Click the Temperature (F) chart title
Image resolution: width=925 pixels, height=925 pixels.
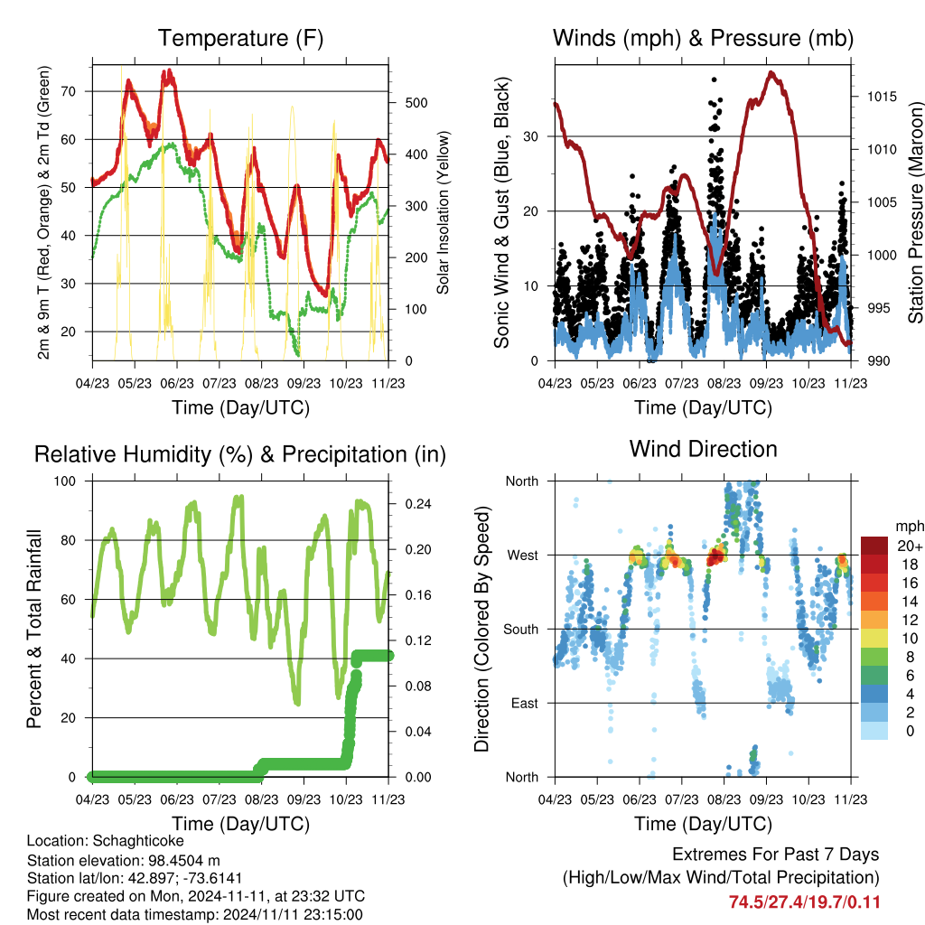coord(240,38)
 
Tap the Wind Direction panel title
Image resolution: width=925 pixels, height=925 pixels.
coord(703,449)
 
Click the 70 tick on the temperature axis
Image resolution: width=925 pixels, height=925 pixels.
coord(69,91)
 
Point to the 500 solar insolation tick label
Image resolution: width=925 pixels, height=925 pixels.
coord(416,103)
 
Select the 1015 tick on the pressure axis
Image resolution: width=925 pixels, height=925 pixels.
coord(882,96)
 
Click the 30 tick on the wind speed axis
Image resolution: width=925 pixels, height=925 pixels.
coord(531,136)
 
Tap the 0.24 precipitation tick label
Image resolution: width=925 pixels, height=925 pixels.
coord(418,504)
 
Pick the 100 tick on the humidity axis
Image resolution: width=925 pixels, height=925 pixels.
coord(65,481)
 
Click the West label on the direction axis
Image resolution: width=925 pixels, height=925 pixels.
coord(523,556)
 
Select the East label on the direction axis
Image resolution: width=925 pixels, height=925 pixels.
coord(525,703)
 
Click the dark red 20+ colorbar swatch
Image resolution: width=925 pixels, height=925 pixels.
coord(874,546)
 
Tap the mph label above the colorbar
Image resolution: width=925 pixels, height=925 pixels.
coord(909,527)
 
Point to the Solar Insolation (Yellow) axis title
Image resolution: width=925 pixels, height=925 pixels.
coord(443,212)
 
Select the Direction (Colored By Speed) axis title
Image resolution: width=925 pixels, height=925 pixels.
coord(482,629)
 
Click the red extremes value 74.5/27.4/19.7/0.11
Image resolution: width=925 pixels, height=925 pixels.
coord(805,902)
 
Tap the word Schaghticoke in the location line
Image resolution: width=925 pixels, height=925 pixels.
coord(138,841)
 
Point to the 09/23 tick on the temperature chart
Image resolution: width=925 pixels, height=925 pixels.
coord(304,383)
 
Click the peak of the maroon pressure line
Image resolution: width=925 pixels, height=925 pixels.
coord(771,73)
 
